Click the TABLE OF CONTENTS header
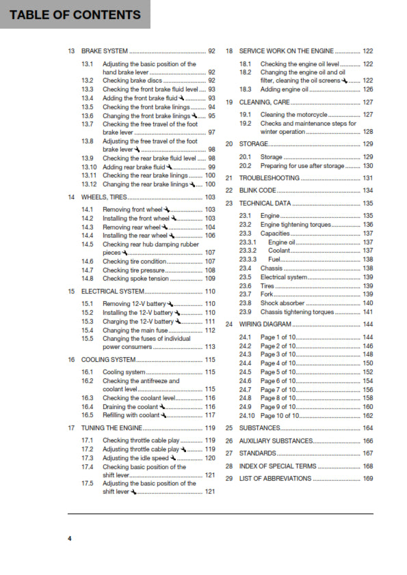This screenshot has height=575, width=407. [76, 14]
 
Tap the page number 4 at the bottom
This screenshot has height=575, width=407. [70, 539]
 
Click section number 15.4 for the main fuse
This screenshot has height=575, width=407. [87, 330]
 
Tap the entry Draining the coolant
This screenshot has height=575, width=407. [130, 406]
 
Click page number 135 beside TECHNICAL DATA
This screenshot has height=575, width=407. [367, 204]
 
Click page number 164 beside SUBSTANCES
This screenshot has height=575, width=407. [367, 427]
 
